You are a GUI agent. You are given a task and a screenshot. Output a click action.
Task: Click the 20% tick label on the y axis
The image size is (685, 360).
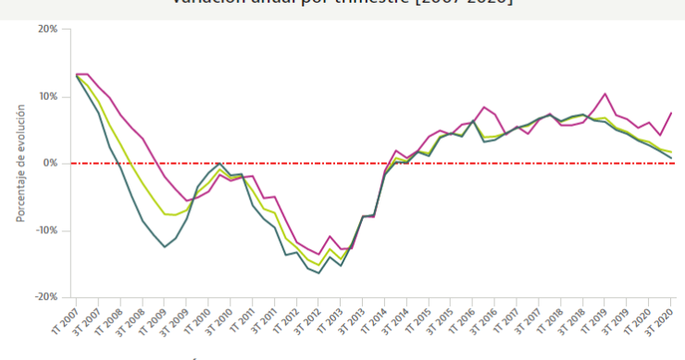tap(47, 29)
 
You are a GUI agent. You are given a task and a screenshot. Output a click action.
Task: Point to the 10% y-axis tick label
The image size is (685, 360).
tap(47, 96)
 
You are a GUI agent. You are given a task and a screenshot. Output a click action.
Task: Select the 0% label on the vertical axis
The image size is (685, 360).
tap(51, 163)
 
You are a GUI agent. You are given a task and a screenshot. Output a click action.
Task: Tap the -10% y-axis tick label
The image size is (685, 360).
tap(45, 230)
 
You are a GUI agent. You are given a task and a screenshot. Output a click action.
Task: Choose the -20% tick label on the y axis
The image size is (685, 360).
tap(45, 297)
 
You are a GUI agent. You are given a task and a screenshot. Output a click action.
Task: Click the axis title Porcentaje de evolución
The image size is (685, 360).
tap(19, 163)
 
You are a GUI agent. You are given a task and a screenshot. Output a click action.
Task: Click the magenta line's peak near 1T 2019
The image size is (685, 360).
tap(604, 93)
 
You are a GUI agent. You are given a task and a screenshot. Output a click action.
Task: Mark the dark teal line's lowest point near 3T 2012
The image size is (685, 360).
tap(319, 273)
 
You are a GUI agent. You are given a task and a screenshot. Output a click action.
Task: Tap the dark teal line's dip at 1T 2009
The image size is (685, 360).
tap(165, 246)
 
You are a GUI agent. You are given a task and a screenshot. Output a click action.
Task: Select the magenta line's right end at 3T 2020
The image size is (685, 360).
tap(671, 112)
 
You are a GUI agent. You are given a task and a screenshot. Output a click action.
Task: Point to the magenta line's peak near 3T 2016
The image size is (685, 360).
tap(484, 107)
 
